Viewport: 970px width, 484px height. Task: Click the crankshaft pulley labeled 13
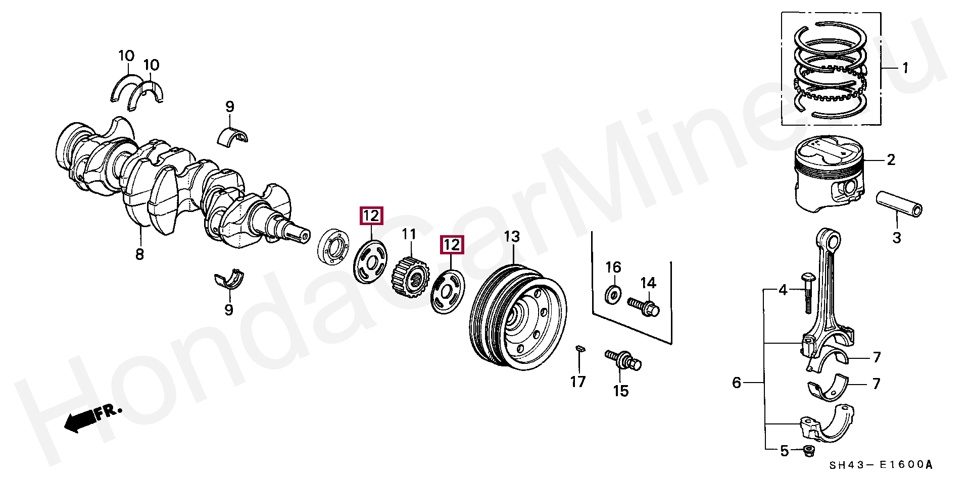click(x=518, y=318)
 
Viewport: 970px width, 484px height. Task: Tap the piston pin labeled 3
click(x=899, y=203)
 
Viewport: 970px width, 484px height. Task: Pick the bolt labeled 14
click(x=644, y=306)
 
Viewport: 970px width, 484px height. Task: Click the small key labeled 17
click(x=580, y=348)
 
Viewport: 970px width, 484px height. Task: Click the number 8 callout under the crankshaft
click(x=139, y=254)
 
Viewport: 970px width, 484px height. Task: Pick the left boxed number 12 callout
click(x=371, y=216)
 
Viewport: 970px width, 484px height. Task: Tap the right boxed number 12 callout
click(x=452, y=245)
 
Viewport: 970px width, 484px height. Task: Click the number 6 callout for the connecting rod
click(x=737, y=383)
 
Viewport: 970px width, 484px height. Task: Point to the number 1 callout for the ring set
click(x=905, y=68)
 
